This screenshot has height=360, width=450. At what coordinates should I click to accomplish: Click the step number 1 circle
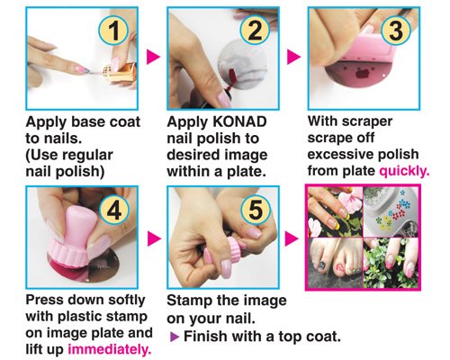coord(113,31)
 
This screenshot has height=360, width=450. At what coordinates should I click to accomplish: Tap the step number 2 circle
coord(255,31)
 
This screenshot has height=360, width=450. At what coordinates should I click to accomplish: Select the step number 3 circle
coord(396,31)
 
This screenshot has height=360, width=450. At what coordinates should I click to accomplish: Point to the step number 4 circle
coord(114,210)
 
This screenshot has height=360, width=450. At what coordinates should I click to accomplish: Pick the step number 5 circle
coord(256,210)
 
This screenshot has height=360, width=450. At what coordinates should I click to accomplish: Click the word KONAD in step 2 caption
coord(239,121)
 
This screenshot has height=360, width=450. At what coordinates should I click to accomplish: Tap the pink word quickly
coord(404,171)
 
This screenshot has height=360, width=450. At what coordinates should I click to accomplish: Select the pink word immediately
coord(110,349)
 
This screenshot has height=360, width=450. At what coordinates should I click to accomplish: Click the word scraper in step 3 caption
coord(367,121)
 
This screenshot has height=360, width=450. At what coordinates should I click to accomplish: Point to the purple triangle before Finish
coord(175,337)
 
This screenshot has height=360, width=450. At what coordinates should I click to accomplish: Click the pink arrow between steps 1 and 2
coord(153,57)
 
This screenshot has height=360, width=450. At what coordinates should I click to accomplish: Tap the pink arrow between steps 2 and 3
coord(293,57)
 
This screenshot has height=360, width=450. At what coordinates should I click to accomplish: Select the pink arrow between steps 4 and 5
coord(154,238)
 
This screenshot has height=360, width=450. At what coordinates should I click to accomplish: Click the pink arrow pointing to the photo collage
coord(292,238)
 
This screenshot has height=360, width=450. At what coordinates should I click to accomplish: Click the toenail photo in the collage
coord(336,262)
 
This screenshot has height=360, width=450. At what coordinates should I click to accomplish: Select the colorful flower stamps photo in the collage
coord(391,211)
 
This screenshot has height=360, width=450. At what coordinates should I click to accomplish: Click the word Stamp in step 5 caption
coord(185,301)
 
